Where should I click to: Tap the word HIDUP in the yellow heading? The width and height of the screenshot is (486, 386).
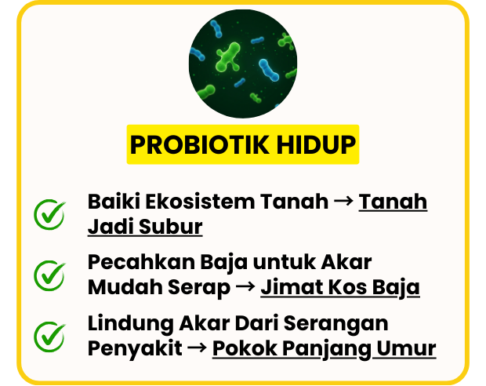(x=316, y=144)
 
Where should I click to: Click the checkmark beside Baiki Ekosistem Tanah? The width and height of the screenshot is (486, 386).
(x=49, y=214)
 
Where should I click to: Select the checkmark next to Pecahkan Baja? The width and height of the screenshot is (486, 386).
(x=49, y=275)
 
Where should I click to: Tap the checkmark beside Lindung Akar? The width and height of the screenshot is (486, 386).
(x=49, y=337)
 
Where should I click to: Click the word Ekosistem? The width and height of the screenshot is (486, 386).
(x=200, y=202)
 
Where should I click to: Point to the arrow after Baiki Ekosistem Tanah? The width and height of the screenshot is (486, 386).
(x=343, y=202)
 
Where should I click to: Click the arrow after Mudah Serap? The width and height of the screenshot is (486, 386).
(x=245, y=287)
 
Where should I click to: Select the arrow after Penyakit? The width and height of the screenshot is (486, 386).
(x=197, y=348)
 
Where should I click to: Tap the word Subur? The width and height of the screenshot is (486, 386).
(x=171, y=227)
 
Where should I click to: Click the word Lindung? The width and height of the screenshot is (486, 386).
(x=130, y=324)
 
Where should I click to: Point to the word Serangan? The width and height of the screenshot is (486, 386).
(x=335, y=325)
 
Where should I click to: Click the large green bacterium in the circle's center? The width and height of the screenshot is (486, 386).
(x=228, y=58)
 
